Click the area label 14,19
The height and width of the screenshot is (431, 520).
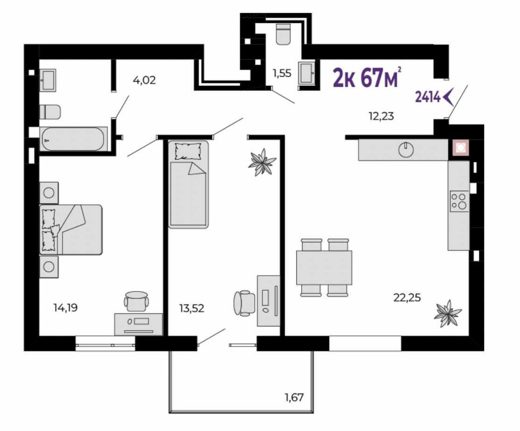(66, 308)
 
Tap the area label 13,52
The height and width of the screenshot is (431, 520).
(192, 309)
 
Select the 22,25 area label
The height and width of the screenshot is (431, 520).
(407, 298)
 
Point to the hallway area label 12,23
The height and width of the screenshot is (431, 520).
(381, 116)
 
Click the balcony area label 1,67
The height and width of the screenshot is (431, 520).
(294, 397)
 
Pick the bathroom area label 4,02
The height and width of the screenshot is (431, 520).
(144, 80)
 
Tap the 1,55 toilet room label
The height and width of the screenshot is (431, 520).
(282, 73)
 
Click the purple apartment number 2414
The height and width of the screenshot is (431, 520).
(428, 97)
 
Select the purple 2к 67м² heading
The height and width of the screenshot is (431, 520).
(368, 78)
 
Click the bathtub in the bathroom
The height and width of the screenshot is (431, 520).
(73, 139)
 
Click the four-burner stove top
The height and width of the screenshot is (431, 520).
(459, 201)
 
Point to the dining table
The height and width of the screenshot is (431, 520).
(324, 267)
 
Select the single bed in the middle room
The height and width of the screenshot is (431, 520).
(188, 185)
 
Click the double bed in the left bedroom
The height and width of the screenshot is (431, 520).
(71, 230)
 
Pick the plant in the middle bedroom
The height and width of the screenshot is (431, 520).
(262, 162)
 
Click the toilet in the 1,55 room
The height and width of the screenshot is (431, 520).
(283, 33)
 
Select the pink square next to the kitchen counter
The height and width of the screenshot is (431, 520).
(459, 148)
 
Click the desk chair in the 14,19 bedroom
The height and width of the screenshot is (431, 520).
(136, 301)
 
